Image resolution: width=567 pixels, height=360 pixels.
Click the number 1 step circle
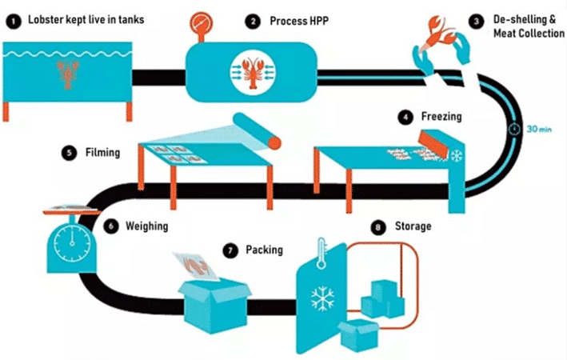[x=14, y=22]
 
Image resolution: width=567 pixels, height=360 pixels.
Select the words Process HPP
[x=299, y=21]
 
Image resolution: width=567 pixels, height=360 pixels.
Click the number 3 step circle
[x=477, y=22]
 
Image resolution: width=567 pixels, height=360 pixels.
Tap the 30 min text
[x=539, y=129]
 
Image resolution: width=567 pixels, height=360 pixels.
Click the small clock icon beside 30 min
[x=514, y=129]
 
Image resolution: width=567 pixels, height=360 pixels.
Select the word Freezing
[x=441, y=117]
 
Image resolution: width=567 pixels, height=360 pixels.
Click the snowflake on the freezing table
[x=457, y=156]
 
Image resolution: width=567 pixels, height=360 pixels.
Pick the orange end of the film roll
[x=274, y=142]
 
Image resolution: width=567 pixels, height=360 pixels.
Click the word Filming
[x=102, y=152]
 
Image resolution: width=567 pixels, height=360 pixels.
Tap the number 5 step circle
[x=69, y=152]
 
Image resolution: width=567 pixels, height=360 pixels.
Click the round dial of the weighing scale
[x=72, y=243]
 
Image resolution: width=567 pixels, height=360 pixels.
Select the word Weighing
[x=147, y=226]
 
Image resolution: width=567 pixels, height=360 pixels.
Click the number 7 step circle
[x=230, y=250]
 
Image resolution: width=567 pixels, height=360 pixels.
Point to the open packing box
[x=215, y=304]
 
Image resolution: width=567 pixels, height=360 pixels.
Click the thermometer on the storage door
[x=321, y=254]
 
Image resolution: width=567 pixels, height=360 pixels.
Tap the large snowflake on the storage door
[x=322, y=299]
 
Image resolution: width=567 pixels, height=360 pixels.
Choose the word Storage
[x=413, y=226]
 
